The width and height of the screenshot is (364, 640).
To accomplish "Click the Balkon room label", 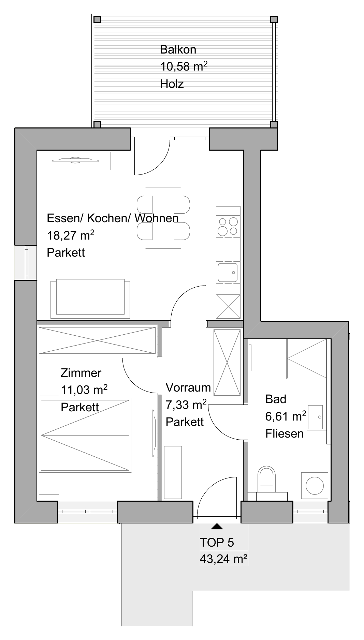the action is point(178,50).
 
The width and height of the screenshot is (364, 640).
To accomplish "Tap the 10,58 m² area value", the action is point(184,66).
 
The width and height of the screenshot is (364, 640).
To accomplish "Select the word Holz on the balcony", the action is point(172,84).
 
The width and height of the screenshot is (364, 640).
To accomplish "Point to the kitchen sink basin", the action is point(228,273).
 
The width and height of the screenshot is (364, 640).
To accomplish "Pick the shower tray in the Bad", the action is point(307,359).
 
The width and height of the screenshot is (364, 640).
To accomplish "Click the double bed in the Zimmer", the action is point(85,435).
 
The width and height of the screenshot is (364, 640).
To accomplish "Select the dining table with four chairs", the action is point(163,218).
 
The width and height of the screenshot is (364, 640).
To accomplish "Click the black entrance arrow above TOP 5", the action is point(217,527).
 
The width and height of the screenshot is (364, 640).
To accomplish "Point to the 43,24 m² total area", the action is point(223,559).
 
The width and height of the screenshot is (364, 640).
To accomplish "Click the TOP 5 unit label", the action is point(217,542).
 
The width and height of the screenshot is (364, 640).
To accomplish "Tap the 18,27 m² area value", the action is point(71,235).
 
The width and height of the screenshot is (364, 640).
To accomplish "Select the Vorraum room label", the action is point(188,387).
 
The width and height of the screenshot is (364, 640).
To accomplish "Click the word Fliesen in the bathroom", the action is point(285,433).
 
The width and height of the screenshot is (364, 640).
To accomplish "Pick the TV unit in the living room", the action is point(75,161).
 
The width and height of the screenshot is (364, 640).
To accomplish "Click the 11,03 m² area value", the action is point(84,390).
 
